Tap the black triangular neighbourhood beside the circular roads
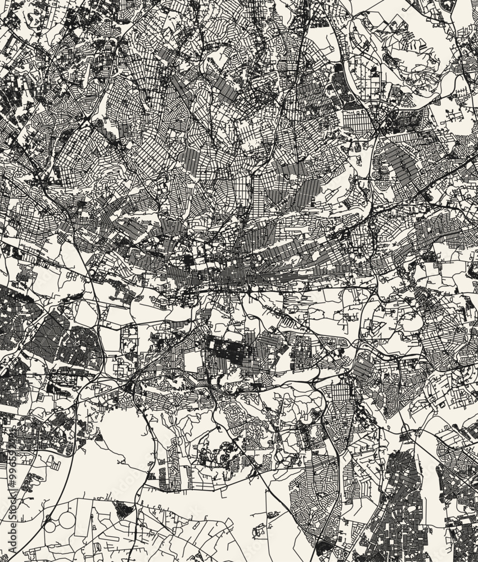click(x=124, y=509)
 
